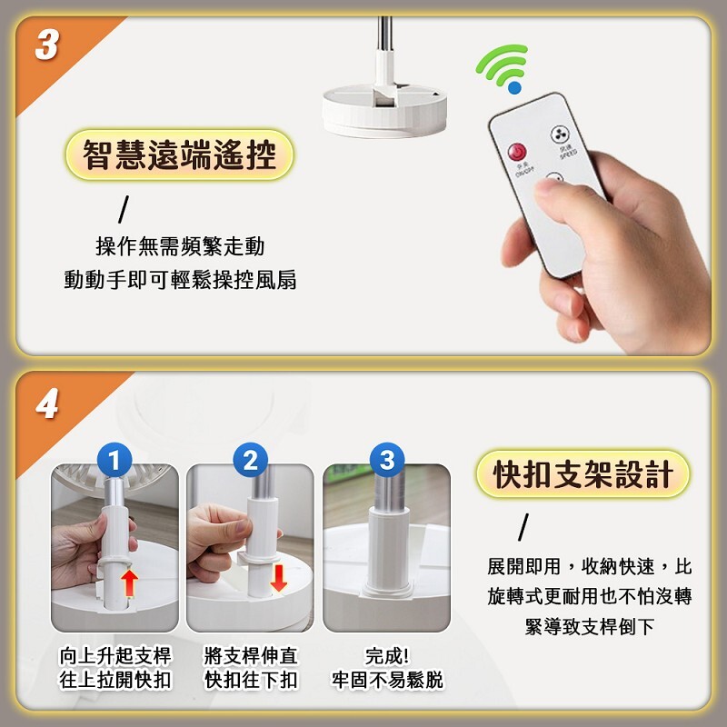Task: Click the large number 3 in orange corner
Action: (46, 45)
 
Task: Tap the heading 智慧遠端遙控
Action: (179, 154)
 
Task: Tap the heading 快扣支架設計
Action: (583, 473)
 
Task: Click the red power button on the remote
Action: (519, 152)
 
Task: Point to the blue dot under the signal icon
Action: (515, 88)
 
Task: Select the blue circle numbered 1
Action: (114, 461)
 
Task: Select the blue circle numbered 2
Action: (250, 461)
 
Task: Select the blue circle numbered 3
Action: (387, 461)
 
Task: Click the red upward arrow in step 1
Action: (129, 582)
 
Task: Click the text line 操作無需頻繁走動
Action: (180, 246)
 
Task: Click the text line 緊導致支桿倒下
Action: (589, 626)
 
